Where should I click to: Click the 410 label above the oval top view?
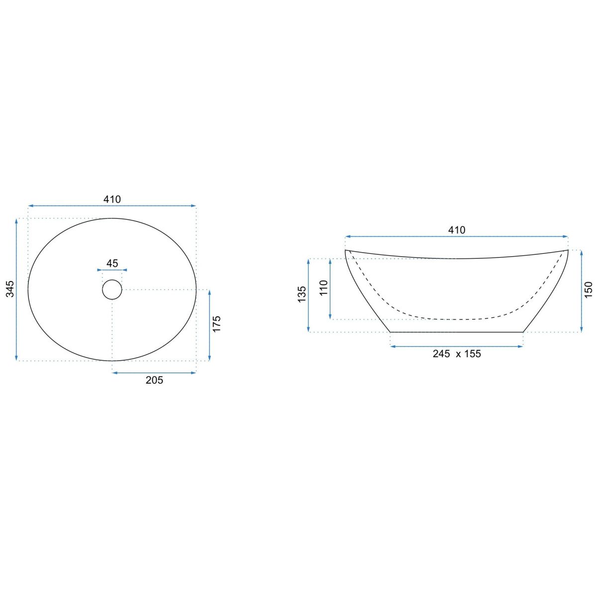(x=112, y=199)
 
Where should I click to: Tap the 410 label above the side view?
(x=457, y=230)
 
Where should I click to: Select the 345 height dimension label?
(x=10, y=289)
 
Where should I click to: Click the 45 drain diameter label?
(x=112, y=263)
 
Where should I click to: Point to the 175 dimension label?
(x=216, y=324)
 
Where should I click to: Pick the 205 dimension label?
(x=154, y=380)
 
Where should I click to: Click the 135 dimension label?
(x=302, y=295)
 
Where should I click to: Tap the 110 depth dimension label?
(x=323, y=288)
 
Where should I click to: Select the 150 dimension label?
(x=588, y=290)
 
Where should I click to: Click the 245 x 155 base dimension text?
(x=457, y=354)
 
